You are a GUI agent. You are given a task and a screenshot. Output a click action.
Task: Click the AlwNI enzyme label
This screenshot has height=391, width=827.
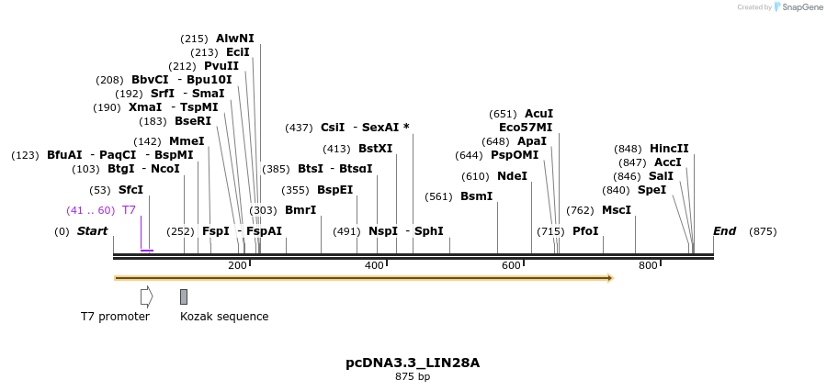pos(234,39)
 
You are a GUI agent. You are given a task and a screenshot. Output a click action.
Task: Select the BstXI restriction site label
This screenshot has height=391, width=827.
pos(375,149)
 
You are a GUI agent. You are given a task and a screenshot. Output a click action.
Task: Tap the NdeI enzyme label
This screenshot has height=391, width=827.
pos(512,176)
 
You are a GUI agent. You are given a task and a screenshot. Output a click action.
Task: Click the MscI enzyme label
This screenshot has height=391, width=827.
pos(617,210)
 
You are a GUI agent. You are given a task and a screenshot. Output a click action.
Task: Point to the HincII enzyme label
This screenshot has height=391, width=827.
pos(669,149)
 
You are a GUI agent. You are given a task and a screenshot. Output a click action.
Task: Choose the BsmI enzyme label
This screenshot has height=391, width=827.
pos(476,196)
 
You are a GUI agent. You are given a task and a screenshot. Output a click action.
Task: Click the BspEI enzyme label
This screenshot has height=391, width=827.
pos(334,190)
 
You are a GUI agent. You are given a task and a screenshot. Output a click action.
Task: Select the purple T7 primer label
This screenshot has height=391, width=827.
pos(129,210)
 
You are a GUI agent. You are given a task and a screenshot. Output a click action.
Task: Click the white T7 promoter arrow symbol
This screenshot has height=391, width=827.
pos(146,296)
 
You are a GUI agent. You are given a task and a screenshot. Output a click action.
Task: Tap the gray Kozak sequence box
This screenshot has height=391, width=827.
pos(184,296)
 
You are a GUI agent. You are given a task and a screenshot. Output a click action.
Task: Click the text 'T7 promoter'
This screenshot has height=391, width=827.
pos(115,317)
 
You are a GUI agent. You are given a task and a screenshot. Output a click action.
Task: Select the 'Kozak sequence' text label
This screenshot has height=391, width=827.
pos(224,317)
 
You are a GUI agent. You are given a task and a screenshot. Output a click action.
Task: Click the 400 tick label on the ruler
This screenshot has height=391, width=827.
pos(374,265)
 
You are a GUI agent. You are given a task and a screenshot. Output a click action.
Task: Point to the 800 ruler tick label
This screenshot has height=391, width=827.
pos(648,265)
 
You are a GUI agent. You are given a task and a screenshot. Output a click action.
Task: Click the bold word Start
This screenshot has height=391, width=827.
pos(92,231)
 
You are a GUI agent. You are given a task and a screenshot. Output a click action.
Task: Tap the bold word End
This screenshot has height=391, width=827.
pos(724,231)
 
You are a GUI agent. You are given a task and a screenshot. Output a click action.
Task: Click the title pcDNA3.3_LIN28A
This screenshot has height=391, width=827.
pos(413,363)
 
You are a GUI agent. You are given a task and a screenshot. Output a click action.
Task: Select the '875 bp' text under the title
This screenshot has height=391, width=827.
pos(413,376)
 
